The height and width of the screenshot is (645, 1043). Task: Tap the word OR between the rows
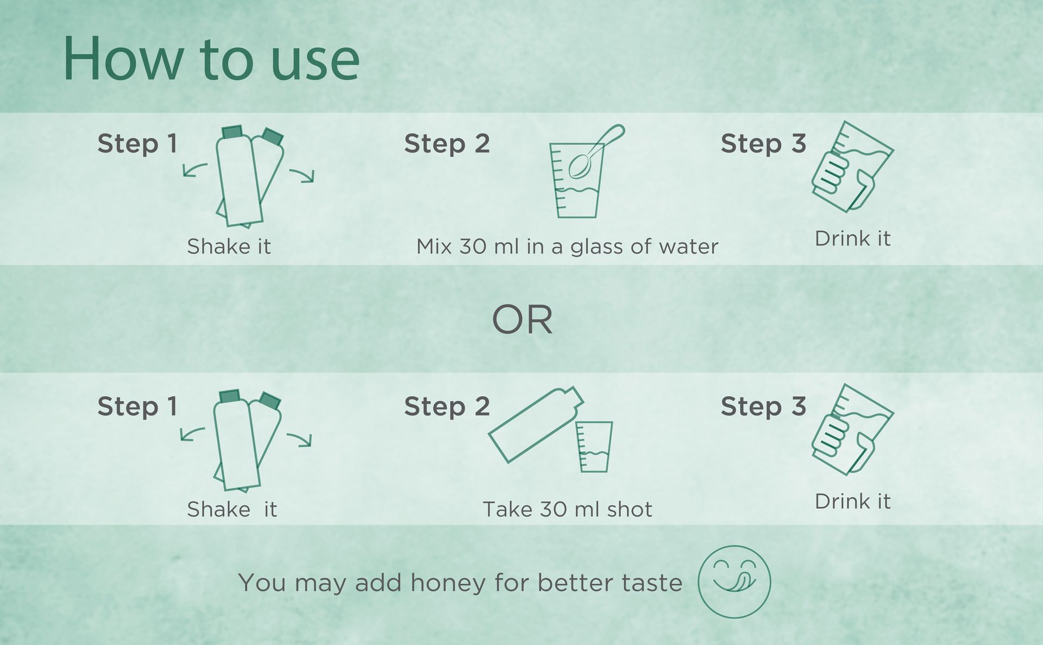(x=522, y=320)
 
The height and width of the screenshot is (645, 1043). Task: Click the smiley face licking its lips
(x=734, y=581)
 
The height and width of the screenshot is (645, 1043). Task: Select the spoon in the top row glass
(x=595, y=152)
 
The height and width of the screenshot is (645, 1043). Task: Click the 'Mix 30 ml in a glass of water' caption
(x=567, y=246)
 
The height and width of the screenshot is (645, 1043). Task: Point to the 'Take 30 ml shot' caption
(x=567, y=509)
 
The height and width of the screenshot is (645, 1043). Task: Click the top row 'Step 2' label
(x=447, y=144)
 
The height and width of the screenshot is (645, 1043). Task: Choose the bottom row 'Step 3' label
(x=763, y=407)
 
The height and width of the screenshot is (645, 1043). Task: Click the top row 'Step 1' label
(x=137, y=144)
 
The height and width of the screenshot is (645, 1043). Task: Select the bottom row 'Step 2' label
(x=447, y=407)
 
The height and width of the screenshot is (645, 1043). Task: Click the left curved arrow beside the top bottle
(x=194, y=169)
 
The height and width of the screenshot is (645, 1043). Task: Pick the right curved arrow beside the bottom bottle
(x=299, y=439)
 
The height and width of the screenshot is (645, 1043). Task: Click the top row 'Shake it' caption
(x=229, y=246)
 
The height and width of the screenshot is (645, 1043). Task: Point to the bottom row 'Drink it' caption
(x=852, y=501)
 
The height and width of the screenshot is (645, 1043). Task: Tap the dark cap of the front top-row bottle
(x=232, y=132)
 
